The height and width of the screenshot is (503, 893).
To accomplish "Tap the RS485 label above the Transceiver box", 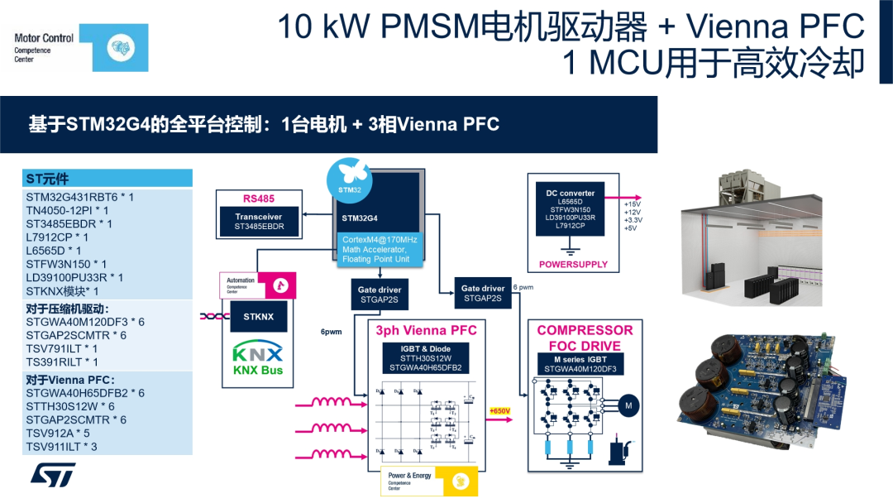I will [x=258, y=199].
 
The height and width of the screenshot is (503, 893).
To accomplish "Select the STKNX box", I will [x=258, y=316].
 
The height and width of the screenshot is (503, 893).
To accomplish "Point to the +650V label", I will [x=499, y=411].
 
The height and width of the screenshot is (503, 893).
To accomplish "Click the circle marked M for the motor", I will [x=628, y=405].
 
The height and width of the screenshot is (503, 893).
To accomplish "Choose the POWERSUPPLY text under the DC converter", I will [x=573, y=265].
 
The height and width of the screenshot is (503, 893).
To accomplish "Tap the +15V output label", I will [x=633, y=204].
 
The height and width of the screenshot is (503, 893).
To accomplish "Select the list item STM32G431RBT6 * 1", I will [x=79, y=197].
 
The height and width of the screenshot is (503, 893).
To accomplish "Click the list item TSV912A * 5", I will [x=58, y=434].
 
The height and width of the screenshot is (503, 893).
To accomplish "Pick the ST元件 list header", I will [x=48, y=179].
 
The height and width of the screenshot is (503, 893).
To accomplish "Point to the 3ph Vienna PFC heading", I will [x=426, y=330].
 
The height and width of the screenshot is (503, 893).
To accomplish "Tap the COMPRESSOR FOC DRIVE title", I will [x=585, y=338].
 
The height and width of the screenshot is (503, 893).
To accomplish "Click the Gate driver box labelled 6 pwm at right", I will [x=482, y=294].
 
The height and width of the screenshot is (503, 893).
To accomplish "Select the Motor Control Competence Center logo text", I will [x=44, y=48].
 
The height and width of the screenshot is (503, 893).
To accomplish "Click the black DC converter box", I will [x=570, y=210].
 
